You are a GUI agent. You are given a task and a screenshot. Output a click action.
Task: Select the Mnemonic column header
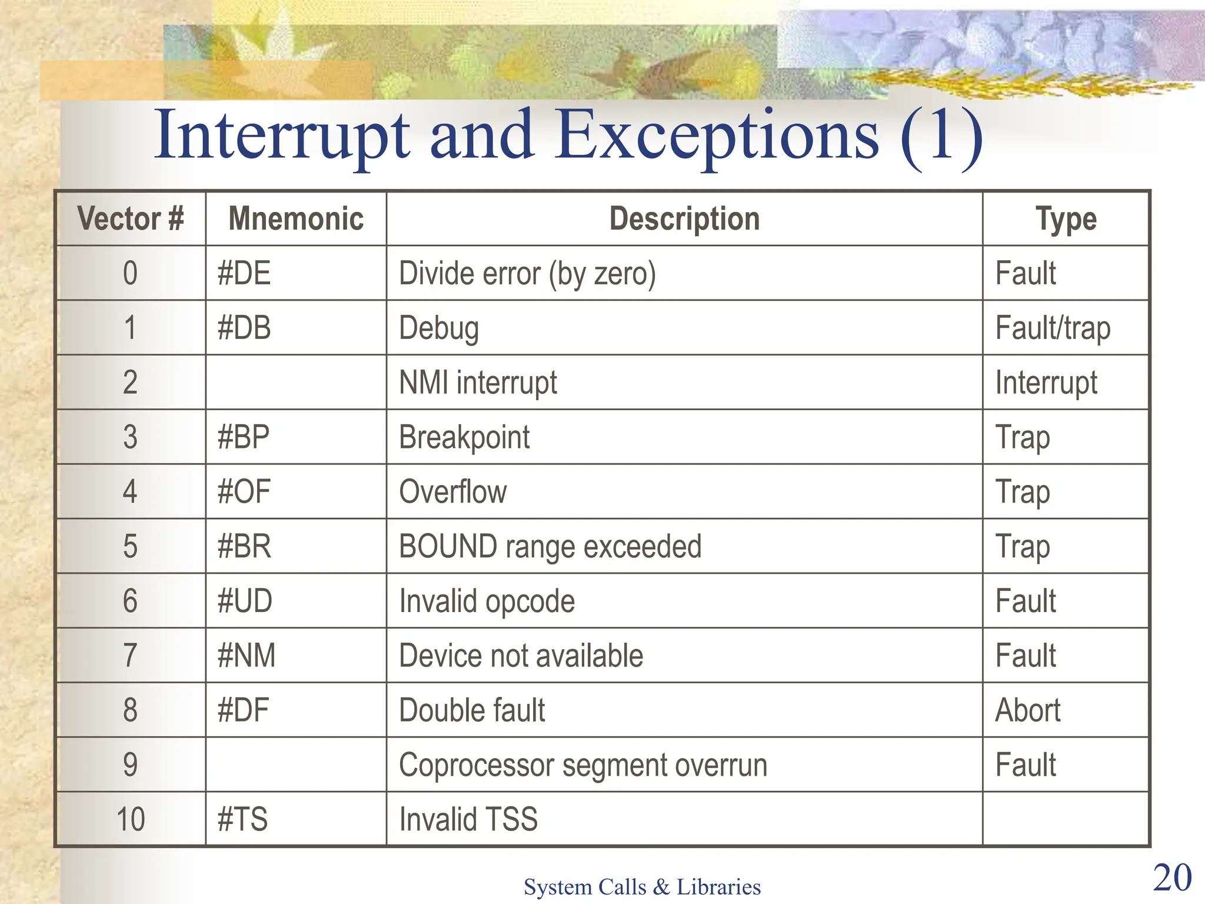click(x=296, y=219)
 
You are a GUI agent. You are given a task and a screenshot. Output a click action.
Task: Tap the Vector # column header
click(x=131, y=219)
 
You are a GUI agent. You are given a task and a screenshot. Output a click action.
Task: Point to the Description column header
click(x=684, y=219)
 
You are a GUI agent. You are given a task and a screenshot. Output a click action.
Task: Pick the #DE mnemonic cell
click(x=244, y=274)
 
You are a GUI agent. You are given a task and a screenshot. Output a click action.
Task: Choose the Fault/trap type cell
click(x=1053, y=328)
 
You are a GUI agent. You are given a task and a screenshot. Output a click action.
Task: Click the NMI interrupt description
click(x=478, y=383)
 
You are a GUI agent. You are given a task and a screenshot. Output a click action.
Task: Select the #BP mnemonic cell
click(x=244, y=437)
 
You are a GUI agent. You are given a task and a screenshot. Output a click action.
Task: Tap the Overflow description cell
click(x=452, y=492)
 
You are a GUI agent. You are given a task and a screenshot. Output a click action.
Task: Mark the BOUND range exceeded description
click(x=550, y=547)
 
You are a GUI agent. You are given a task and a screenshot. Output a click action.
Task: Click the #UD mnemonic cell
click(x=245, y=601)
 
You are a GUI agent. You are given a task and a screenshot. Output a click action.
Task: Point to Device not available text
click(x=521, y=656)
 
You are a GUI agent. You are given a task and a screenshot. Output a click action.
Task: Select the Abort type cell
click(x=1027, y=710)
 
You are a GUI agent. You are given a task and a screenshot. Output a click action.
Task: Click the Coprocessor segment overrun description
click(x=582, y=765)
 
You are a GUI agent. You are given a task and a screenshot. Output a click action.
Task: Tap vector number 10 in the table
click(x=131, y=819)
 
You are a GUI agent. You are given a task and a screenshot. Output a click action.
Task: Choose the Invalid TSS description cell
click(x=468, y=819)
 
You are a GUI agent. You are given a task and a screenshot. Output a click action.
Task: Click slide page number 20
click(x=1172, y=878)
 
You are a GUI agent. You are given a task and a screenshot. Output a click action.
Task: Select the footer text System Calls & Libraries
click(x=642, y=887)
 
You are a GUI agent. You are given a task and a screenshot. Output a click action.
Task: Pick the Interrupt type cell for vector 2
click(x=1046, y=383)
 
